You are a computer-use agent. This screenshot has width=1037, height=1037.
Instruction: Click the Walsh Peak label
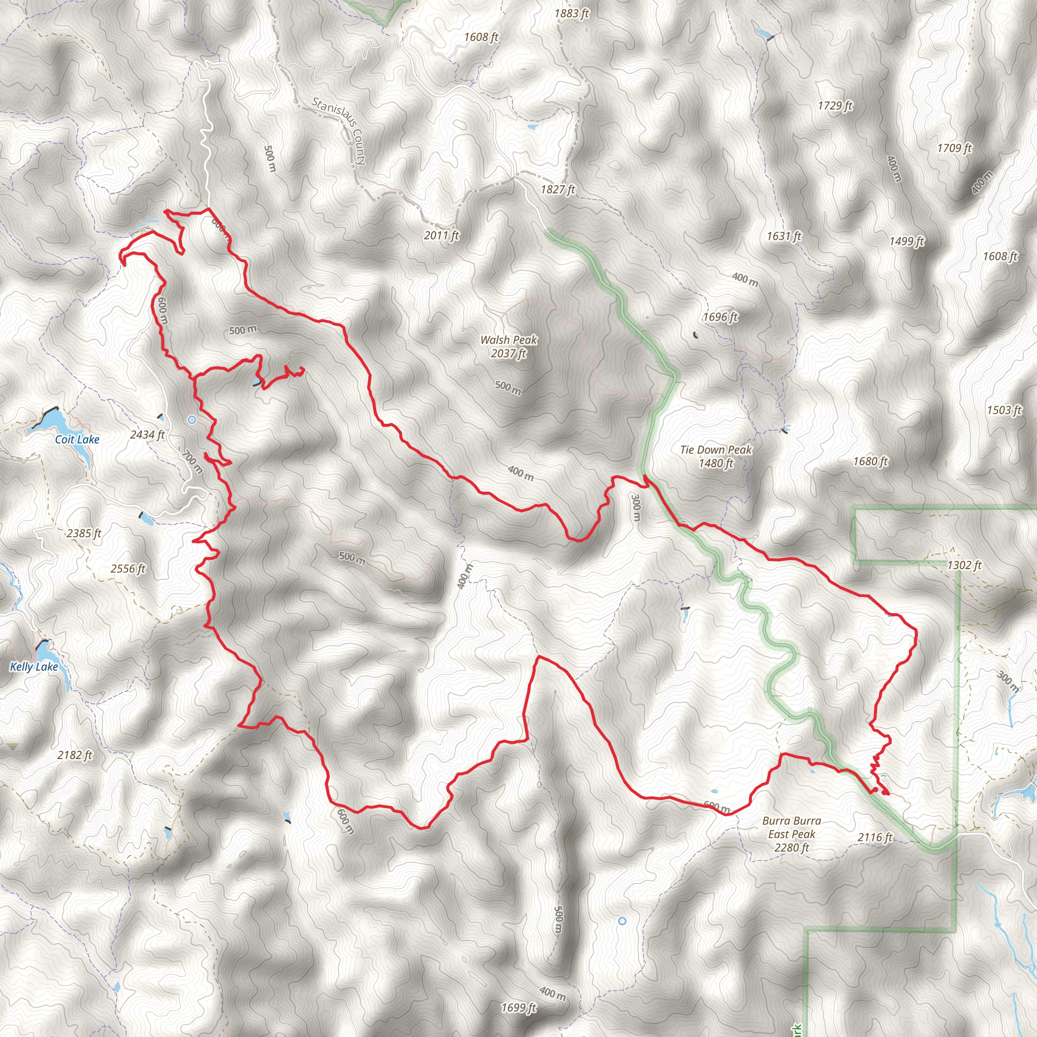(508, 346)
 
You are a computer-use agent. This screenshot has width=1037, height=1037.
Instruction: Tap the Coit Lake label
(77, 440)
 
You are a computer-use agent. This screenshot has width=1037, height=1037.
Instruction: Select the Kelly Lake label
(34, 667)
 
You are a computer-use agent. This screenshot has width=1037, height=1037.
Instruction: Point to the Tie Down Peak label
(715, 456)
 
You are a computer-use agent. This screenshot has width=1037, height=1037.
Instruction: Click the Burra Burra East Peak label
(791, 834)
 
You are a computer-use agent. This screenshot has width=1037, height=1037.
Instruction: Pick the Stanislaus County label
(339, 131)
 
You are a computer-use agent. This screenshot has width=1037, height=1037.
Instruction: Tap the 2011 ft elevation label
(441, 235)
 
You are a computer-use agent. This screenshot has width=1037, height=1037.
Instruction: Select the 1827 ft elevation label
(557, 189)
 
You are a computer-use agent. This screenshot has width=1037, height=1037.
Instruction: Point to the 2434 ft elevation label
(147, 434)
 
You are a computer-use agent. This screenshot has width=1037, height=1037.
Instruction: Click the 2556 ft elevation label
(128, 569)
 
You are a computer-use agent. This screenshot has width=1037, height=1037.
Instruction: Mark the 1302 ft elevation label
(964, 565)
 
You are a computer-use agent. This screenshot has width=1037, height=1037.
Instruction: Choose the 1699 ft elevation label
(518, 1008)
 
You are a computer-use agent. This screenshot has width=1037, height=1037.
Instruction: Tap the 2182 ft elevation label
(74, 754)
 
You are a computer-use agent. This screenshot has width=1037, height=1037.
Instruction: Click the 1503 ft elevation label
(1004, 410)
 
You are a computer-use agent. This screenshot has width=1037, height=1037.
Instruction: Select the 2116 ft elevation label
(875, 837)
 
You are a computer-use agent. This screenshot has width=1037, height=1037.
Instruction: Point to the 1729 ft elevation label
(834, 105)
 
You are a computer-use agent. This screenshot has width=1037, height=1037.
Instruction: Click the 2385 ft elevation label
(84, 533)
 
